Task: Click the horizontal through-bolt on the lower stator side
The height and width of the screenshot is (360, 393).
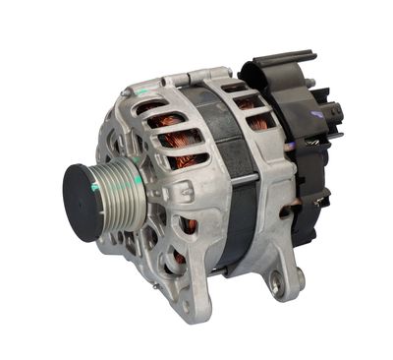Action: pyautogui.click(x=247, y=242)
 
